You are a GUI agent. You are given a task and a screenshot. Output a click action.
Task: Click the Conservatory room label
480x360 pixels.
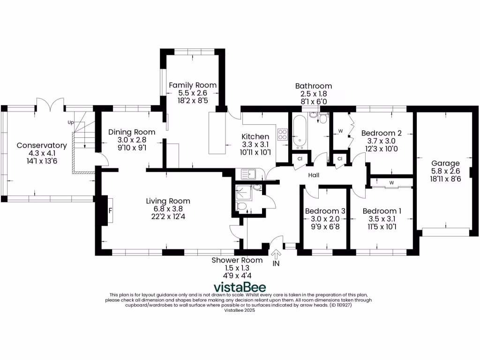click(42, 145)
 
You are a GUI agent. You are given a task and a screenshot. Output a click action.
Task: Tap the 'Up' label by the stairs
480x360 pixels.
click(71, 123)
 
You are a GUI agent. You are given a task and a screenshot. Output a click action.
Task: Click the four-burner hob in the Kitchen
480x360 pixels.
click(283, 135)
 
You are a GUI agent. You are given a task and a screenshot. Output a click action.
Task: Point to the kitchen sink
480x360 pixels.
click(248, 174)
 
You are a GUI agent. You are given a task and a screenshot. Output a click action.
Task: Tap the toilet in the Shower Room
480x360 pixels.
click(241, 206)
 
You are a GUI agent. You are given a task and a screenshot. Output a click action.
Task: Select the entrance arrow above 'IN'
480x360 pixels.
click(276, 255)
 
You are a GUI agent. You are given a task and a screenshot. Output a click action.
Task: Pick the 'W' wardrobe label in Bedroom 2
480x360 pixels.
click(340, 131)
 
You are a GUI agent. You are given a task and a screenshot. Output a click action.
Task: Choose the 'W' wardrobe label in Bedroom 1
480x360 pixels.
click(391, 182)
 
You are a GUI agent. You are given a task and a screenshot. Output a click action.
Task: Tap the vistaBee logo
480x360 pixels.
click(240, 287)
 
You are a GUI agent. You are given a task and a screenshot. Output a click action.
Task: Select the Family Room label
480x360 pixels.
click(193, 85)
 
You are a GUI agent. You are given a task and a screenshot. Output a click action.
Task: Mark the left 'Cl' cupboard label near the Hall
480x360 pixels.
click(299, 159)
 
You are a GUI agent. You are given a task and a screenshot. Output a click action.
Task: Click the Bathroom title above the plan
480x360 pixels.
click(313, 86)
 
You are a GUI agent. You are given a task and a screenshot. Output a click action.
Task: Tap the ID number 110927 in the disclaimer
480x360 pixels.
click(341, 305)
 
